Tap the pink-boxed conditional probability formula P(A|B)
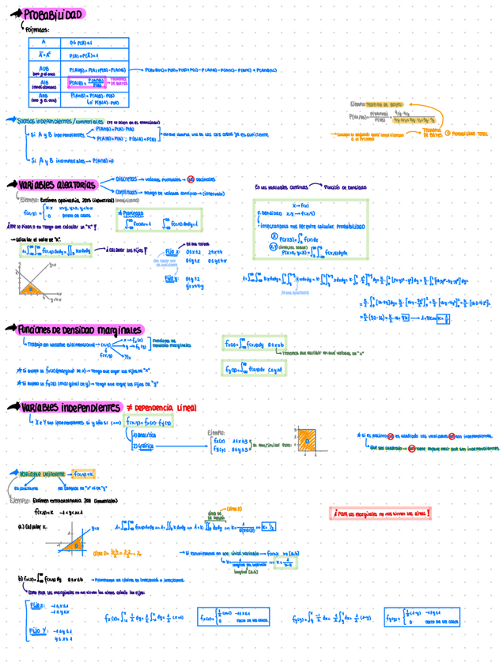tap(87, 83)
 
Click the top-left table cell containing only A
tap(43, 42)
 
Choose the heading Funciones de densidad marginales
tap(79, 329)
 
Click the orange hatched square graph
tap(307, 439)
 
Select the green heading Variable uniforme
tap(40, 473)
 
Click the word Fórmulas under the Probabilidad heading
tap(37, 29)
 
